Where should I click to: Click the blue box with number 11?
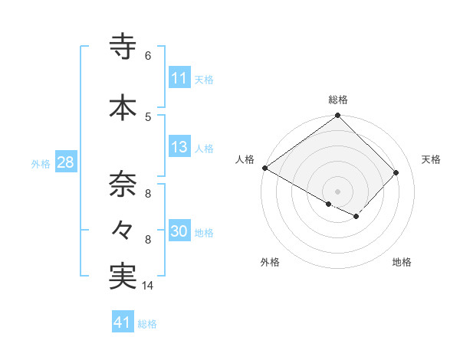(179, 78)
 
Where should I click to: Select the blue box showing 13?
(179, 148)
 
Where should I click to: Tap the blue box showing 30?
(179, 232)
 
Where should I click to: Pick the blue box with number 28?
(65, 162)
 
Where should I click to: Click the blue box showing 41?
(123, 323)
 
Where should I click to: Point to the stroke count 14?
(148, 286)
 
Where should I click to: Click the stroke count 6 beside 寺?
(148, 56)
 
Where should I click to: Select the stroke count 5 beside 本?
(148, 116)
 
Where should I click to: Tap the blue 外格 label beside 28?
(41, 163)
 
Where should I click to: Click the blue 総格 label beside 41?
(147, 324)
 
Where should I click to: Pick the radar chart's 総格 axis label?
(337, 100)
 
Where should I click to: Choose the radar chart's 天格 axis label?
(431, 159)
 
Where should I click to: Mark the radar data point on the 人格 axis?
(264, 168)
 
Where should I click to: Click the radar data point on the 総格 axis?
(337, 116)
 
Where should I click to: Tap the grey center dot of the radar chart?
(337, 191)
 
